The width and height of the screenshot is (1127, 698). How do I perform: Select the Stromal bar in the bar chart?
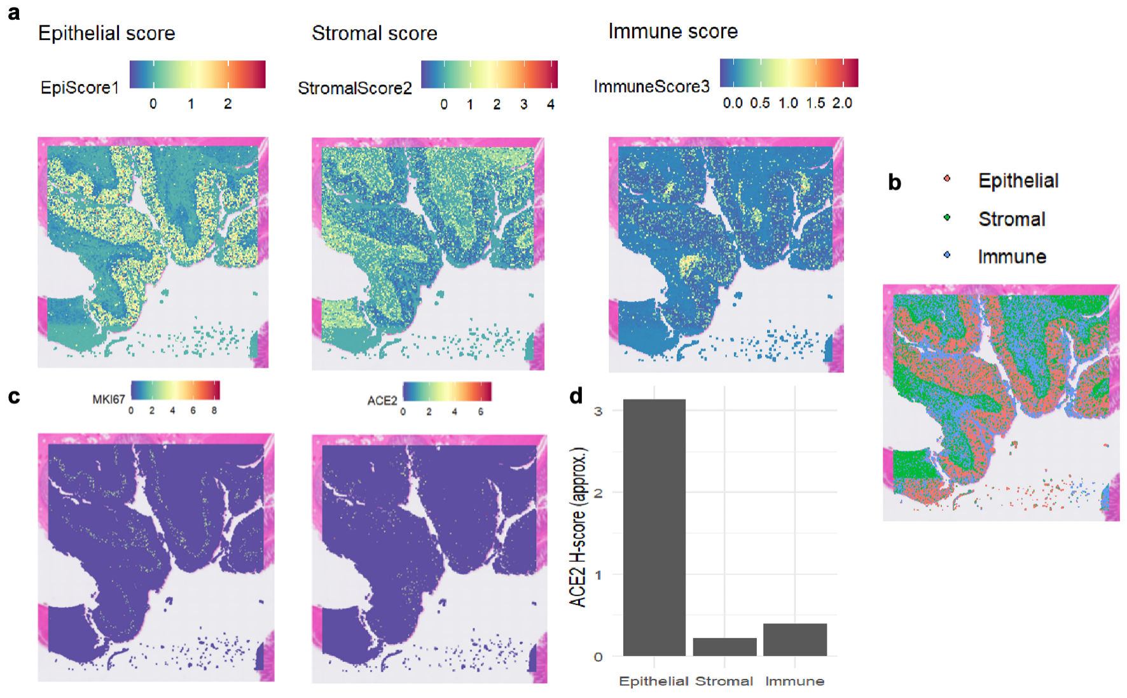[724, 646]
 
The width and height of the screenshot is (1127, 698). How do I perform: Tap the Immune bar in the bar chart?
[794, 639]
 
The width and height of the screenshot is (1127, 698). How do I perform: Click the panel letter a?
[13, 13]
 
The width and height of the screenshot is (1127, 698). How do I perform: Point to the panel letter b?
[894, 183]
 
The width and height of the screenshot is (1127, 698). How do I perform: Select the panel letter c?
[13, 396]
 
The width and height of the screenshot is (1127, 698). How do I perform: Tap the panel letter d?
[576, 396]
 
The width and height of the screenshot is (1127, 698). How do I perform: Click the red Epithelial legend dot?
[947, 179]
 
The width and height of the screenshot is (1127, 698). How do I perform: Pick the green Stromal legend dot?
[947, 218]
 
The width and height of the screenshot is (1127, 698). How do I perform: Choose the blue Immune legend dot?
[947, 255]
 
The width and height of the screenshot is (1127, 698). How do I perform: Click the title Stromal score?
[374, 33]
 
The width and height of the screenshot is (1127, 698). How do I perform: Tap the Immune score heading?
[672, 31]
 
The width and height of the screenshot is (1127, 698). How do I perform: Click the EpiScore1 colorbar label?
[80, 88]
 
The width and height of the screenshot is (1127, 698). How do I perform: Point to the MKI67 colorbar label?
[108, 400]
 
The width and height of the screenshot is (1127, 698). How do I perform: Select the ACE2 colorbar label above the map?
[382, 400]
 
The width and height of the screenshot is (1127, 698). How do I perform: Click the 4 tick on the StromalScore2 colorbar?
[551, 104]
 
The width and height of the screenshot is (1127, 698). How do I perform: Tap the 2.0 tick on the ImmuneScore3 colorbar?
[842, 103]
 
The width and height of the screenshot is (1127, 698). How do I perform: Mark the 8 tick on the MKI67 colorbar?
[214, 411]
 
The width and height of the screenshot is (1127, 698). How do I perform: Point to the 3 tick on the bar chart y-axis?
[598, 411]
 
